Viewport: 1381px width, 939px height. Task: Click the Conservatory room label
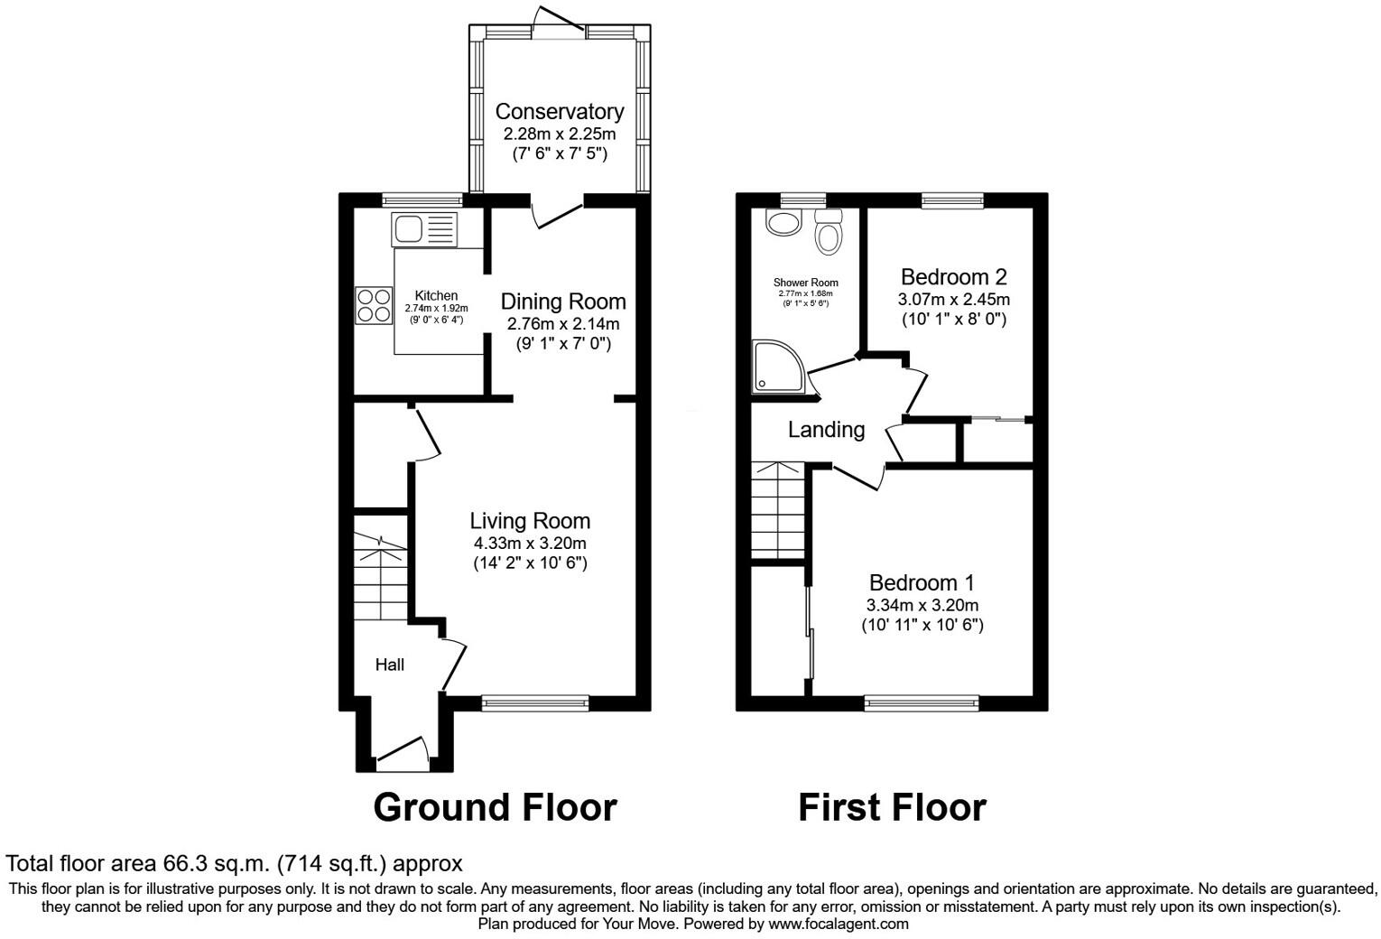pos(559,111)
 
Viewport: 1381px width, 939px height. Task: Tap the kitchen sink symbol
pos(425,228)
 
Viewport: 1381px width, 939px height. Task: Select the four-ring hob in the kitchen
pos(374,304)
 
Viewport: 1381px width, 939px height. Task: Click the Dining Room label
pos(562,302)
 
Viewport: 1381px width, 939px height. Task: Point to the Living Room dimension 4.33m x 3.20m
pos(530,543)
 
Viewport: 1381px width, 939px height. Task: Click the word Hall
pos(390,665)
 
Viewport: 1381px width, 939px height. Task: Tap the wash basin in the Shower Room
pos(782,221)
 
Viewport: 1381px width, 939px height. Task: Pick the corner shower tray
pos(779,367)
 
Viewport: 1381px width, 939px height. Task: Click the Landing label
pos(826,430)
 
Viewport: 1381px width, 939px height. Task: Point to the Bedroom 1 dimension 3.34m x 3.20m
pos(922,605)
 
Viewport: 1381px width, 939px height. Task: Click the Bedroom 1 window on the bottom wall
pos(922,702)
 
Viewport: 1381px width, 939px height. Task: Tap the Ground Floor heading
pos(495,807)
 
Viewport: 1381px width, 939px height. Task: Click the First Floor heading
pos(892,807)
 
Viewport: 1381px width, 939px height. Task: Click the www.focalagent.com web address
pos(838,924)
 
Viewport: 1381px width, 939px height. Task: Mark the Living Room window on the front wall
pos(535,702)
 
